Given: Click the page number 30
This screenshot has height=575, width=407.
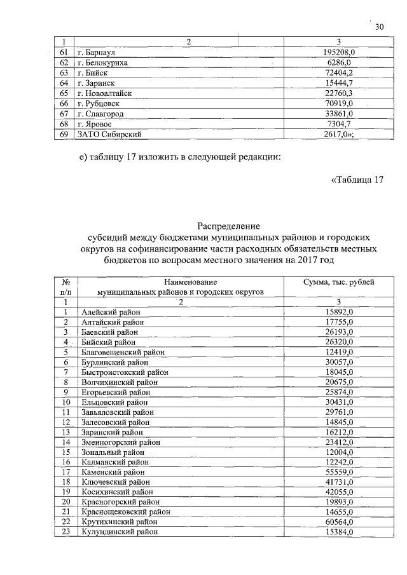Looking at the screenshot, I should (380, 27).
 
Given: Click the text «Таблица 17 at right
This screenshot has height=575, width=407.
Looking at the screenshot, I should (358, 179).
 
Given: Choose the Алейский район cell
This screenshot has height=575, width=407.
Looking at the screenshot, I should (111, 313).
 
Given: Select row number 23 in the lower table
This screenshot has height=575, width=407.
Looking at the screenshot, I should (65, 531).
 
